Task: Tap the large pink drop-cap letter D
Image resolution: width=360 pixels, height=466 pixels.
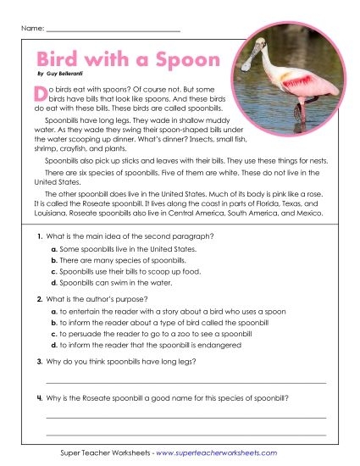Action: coord(40,93)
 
